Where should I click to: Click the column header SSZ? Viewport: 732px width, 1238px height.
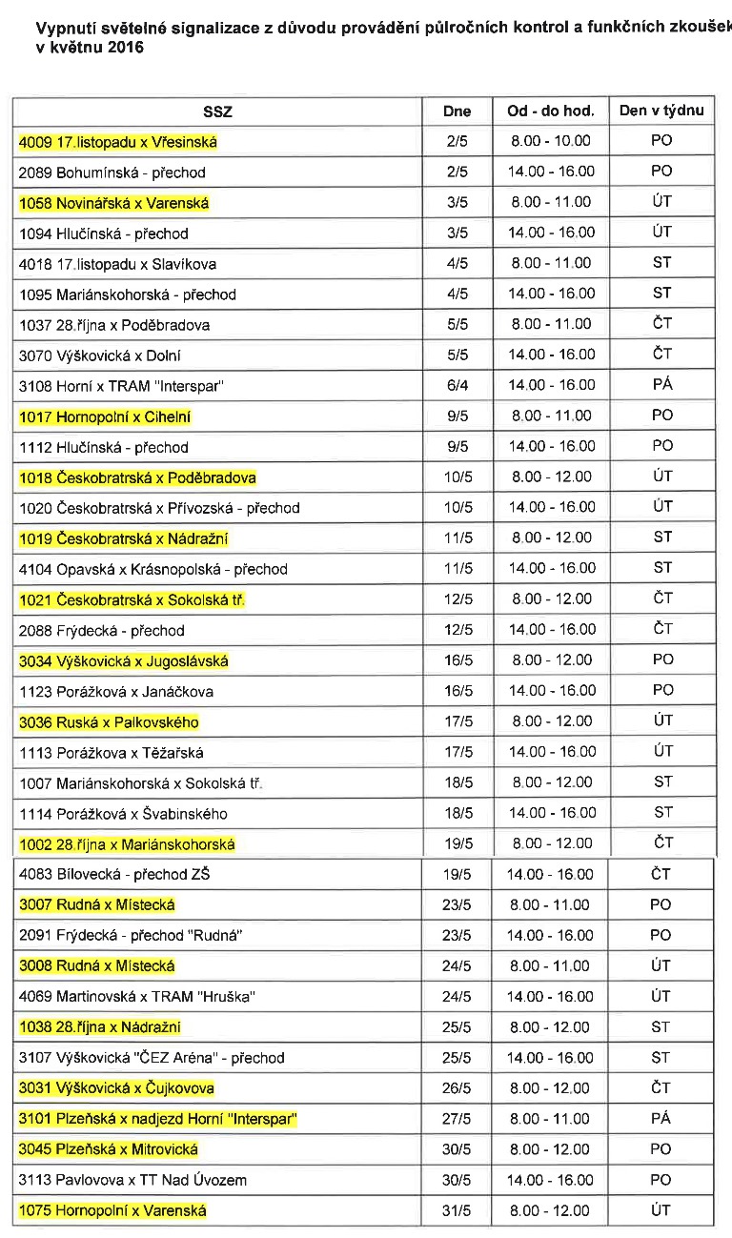point(217,112)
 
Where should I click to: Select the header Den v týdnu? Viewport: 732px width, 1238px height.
point(661,111)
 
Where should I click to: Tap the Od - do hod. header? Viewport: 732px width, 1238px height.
point(551,111)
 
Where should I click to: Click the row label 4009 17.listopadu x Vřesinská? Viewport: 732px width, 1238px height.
point(118,142)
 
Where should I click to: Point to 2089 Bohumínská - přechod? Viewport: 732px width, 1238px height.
point(112,173)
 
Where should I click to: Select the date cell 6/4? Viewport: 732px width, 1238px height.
point(457,385)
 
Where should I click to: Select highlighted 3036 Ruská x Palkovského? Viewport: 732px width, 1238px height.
point(109,722)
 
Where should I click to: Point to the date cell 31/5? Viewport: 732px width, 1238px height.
point(457,1210)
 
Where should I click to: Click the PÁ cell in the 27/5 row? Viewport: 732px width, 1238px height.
point(661,1119)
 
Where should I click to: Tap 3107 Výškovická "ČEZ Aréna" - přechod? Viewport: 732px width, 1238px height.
point(152,1058)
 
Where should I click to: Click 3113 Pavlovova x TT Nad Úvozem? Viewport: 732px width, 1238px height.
point(132,1180)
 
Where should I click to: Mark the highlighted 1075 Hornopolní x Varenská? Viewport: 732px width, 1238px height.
point(112,1210)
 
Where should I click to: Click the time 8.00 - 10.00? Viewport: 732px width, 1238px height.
point(551,141)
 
